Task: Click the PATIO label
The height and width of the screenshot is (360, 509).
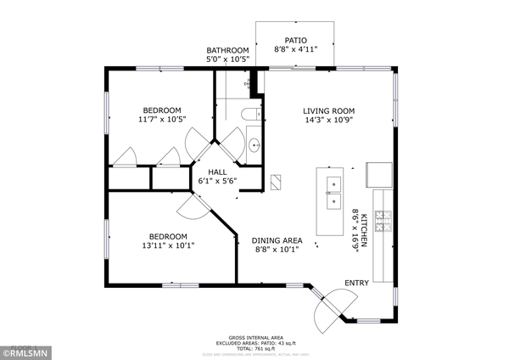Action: [295, 40]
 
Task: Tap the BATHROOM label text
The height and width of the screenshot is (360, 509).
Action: [228, 51]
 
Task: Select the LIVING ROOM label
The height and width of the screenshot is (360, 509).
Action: [329, 110]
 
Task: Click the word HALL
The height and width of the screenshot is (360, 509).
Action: [217, 171]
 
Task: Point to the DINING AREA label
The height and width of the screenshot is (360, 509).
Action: [277, 240]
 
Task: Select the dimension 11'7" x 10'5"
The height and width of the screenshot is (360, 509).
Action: [161, 120]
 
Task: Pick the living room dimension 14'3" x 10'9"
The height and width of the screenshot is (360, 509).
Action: [329, 120]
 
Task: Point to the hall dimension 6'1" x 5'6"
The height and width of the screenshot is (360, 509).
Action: [217, 180]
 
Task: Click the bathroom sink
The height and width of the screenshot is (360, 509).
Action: [254, 144]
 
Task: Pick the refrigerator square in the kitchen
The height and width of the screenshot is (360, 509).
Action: [378, 175]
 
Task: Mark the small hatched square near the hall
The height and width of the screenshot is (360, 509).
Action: [277, 181]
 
